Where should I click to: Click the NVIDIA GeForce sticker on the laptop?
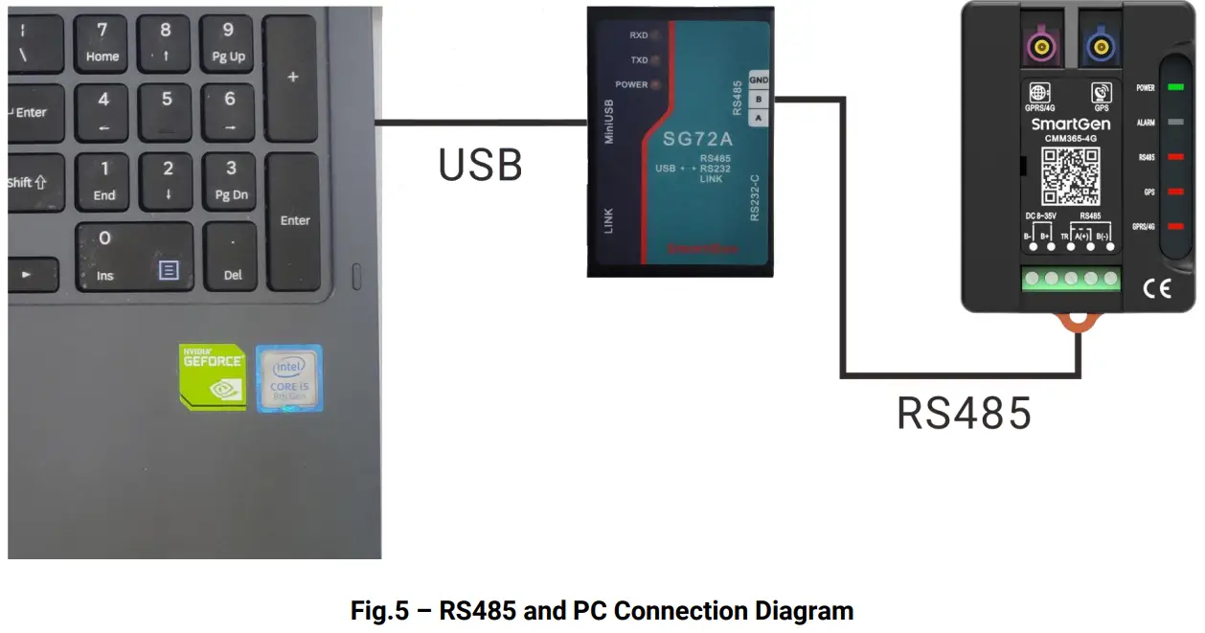coord(213,376)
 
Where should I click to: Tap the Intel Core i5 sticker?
coord(289,378)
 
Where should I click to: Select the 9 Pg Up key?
coord(228,43)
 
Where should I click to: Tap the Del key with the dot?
coord(232,258)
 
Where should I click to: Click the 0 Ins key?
coord(134,257)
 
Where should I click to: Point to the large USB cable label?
coord(480,165)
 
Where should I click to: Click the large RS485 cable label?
coord(964,414)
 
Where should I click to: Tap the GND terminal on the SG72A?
coord(759,79)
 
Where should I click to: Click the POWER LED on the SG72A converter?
coord(656,84)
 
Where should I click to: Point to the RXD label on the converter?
coord(638,35)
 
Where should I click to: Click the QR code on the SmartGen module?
coord(1071,176)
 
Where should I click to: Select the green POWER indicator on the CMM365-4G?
coord(1175,87)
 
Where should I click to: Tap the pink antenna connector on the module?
coord(1037,45)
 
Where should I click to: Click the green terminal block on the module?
coord(1070,279)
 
